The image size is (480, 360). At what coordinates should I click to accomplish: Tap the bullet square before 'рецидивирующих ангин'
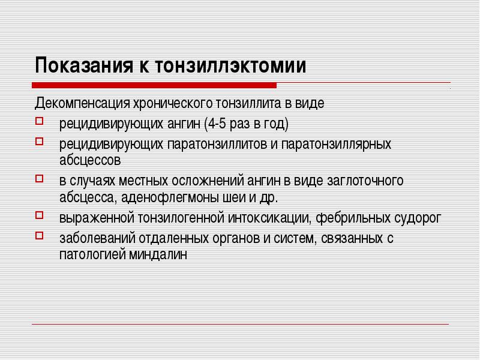(38, 124)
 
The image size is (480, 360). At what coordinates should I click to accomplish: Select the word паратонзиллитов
(220, 145)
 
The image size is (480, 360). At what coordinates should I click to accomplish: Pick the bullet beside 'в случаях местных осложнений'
(38, 179)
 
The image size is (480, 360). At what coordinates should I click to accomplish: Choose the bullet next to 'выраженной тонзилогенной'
(38, 215)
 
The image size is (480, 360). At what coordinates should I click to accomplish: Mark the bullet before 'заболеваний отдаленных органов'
(38, 236)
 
